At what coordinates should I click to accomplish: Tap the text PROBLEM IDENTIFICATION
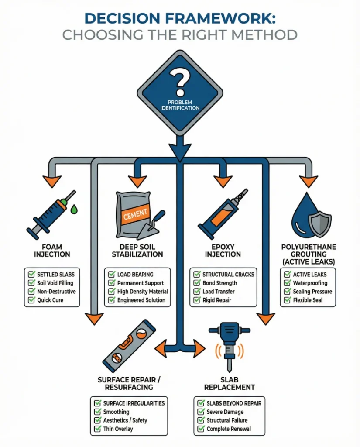pyautogui.click(x=180, y=105)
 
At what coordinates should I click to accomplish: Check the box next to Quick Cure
pyautogui.click(x=31, y=300)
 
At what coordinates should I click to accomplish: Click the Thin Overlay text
pyautogui.click(x=118, y=429)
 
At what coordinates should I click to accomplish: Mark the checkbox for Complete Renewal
pyautogui.click(x=201, y=429)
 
